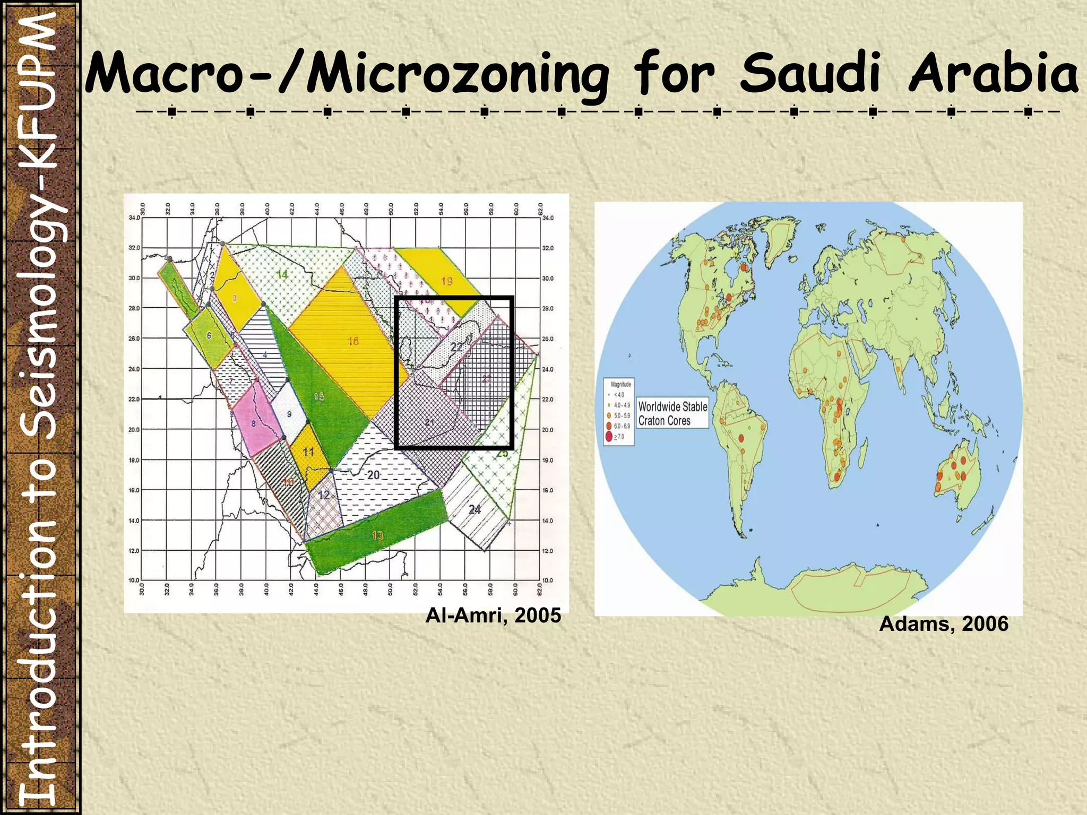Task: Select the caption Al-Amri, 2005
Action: click(x=493, y=615)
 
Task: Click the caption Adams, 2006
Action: click(x=944, y=624)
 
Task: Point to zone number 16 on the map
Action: click(x=353, y=341)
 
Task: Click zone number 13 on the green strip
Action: click(x=377, y=535)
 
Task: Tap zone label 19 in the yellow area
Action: click(x=447, y=281)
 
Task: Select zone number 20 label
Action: click(x=374, y=474)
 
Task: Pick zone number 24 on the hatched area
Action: click(x=475, y=509)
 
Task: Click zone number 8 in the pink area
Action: click(x=254, y=423)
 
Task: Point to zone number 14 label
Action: click(x=282, y=274)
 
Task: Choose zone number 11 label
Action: click(x=309, y=452)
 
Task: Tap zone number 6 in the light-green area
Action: click(x=209, y=335)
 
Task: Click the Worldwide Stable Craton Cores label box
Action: click(x=672, y=413)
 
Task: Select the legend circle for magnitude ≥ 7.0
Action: click(x=608, y=437)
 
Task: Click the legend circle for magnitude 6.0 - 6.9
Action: click(x=608, y=426)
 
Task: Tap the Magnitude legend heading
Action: click(x=621, y=384)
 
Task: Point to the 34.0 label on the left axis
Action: click(x=134, y=218)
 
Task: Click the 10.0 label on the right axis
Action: click(x=547, y=580)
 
